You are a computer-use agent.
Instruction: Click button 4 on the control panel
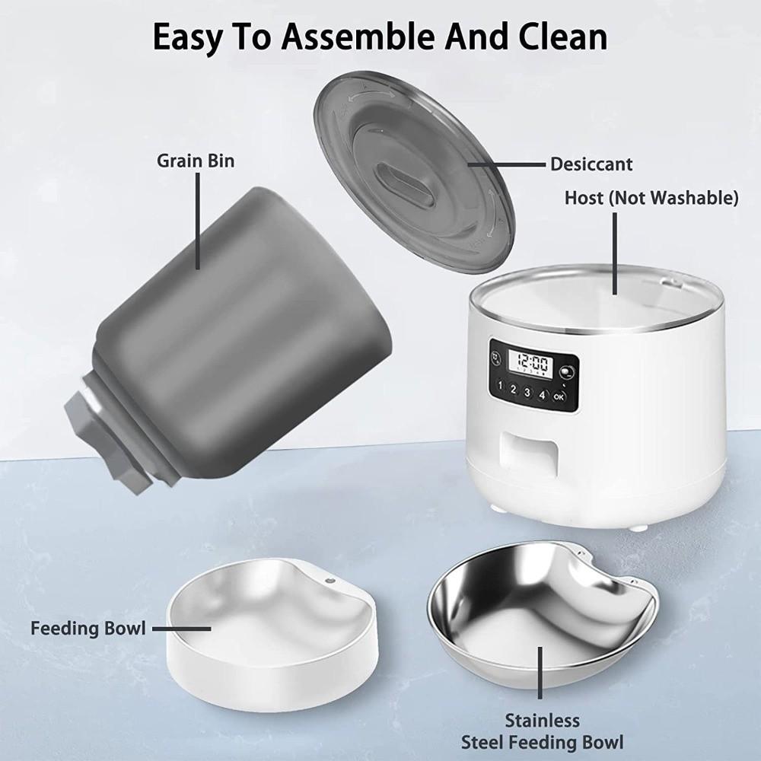[542, 393]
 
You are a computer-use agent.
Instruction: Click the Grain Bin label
[196, 161]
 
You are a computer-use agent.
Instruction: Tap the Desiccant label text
[591, 164]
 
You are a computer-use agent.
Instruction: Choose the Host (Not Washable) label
[651, 199]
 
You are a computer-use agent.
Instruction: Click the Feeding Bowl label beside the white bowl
[87, 629]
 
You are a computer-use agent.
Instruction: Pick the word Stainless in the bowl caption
[543, 721]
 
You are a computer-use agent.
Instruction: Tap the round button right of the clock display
[567, 372]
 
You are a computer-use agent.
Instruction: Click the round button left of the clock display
[496, 356]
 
